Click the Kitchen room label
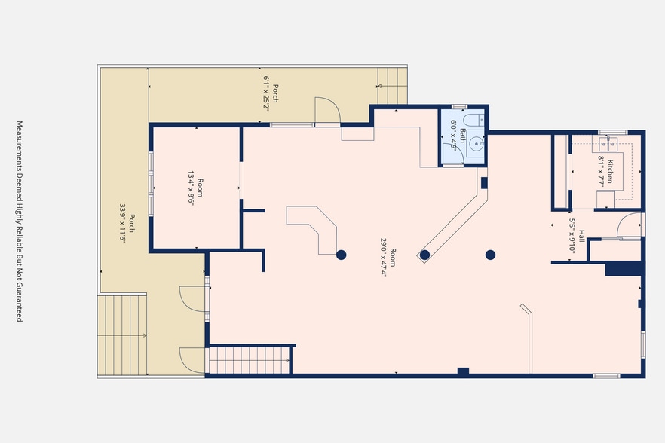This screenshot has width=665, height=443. pos(610,171)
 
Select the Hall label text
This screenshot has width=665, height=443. pos(582,236)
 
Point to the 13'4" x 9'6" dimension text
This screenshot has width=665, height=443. pos(192,188)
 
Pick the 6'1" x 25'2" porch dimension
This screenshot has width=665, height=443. pos(266,93)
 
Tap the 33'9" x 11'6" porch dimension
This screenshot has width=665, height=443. pos(123,224)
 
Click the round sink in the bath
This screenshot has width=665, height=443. pos(477,145)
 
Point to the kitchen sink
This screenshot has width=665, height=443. pos(608,144)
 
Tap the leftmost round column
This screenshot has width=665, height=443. pos(342,255)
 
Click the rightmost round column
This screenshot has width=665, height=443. pos(490,255)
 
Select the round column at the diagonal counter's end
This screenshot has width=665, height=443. pos(424,255)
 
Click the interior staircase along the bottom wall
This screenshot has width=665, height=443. pos(249,360)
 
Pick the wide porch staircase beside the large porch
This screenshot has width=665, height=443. pos(122,335)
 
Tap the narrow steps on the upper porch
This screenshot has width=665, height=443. pos(392,86)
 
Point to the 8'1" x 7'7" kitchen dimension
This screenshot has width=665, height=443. pos(601,171)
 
